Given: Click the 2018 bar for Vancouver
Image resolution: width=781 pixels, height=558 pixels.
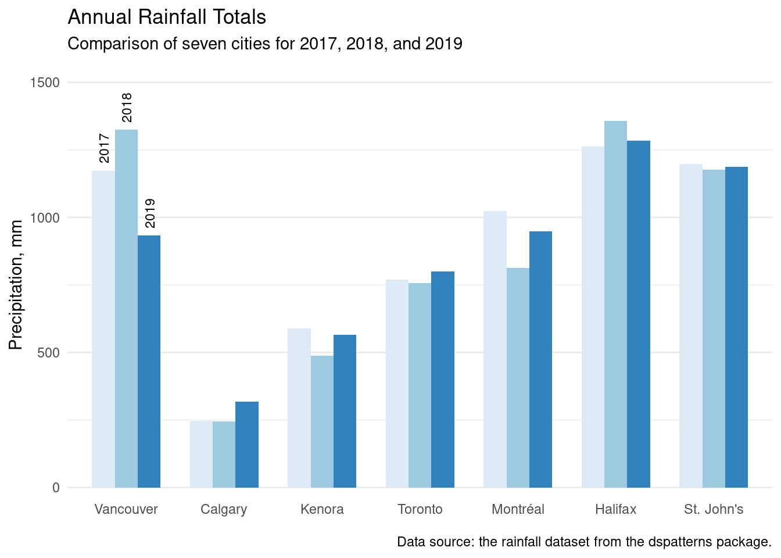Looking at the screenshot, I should click(x=126, y=308).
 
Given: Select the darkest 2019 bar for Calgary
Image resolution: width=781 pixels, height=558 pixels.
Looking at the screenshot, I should click(x=247, y=445).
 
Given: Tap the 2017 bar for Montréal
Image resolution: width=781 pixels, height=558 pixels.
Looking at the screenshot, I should click(x=495, y=349).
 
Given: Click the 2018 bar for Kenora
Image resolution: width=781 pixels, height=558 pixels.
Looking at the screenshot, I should click(x=322, y=421).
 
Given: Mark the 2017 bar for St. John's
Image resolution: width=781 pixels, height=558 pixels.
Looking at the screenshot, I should click(x=691, y=325).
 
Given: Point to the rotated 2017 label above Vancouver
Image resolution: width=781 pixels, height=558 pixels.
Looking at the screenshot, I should click(x=104, y=148).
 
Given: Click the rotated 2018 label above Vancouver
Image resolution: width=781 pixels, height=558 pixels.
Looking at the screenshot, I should click(x=127, y=108).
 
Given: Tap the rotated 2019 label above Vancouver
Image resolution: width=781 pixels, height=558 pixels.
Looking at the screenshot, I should click(x=150, y=213).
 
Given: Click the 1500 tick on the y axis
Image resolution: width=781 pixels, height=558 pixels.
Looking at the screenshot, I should click(x=45, y=83).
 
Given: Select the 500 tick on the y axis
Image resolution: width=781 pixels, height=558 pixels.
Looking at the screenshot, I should click(x=48, y=353).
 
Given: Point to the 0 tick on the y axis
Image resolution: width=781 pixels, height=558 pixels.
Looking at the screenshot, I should click(x=56, y=488).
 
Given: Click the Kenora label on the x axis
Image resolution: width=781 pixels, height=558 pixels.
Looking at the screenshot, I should click(x=322, y=510).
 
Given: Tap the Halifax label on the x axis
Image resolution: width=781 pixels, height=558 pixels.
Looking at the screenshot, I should click(x=615, y=510).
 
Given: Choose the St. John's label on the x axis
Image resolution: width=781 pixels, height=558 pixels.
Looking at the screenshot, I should click(x=714, y=510).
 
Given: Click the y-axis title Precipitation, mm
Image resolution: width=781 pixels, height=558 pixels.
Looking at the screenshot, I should click(x=16, y=285).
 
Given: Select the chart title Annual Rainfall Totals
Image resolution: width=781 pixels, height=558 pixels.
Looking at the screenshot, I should click(x=167, y=17).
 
